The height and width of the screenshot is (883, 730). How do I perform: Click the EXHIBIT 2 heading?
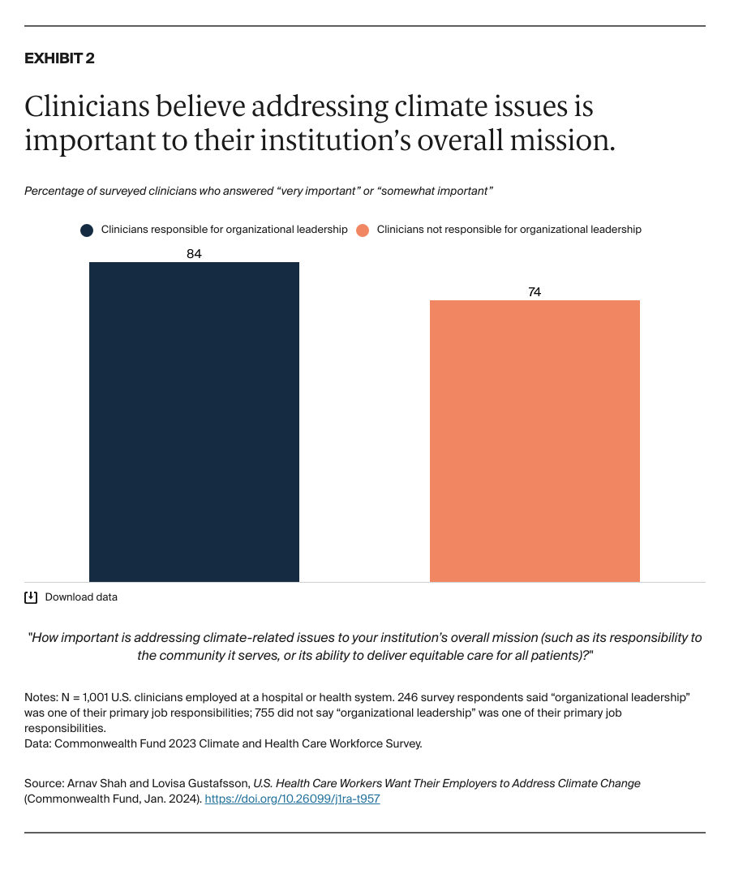59,58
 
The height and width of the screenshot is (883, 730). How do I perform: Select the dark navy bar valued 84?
194,421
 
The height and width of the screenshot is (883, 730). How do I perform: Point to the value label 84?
194,254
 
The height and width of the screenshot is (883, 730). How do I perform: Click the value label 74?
535,292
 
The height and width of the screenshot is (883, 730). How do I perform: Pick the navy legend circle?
87,230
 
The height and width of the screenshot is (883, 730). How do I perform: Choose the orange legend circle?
363,230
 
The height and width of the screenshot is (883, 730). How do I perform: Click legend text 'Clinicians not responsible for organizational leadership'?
509,230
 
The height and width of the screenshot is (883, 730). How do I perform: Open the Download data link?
81,597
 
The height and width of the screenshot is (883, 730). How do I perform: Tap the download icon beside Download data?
31,597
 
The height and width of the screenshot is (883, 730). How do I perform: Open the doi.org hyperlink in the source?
292,799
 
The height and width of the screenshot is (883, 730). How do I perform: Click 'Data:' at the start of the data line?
37,743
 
